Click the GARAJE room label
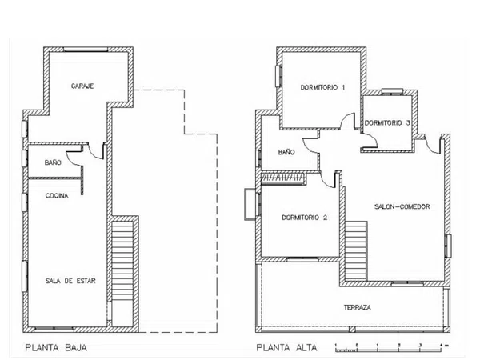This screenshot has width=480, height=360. click(82, 86)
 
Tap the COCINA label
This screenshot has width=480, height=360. click(57, 196)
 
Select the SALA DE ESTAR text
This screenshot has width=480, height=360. click(70, 281)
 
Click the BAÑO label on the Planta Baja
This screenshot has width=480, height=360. click(53, 162)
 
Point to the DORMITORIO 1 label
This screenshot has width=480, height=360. click(322, 87)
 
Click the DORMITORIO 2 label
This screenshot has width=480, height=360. click(305, 218)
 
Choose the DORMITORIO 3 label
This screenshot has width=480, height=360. click(387, 122)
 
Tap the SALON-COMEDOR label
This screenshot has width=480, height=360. click(402, 206)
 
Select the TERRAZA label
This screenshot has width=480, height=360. click(358, 307)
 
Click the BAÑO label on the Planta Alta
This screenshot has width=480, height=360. click(286, 152)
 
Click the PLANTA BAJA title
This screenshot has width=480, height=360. click(56, 348)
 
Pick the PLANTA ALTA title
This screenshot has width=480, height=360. click(286, 348)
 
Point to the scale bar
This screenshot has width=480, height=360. click(389, 349)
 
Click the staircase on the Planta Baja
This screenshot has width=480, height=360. click(122, 261)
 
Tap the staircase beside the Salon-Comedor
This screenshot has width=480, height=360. click(356, 250)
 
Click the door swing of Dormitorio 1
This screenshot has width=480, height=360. click(348, 122)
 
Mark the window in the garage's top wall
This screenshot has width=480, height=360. click(86, 50)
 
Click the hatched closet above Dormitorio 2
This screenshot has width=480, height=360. click(283, 178)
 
